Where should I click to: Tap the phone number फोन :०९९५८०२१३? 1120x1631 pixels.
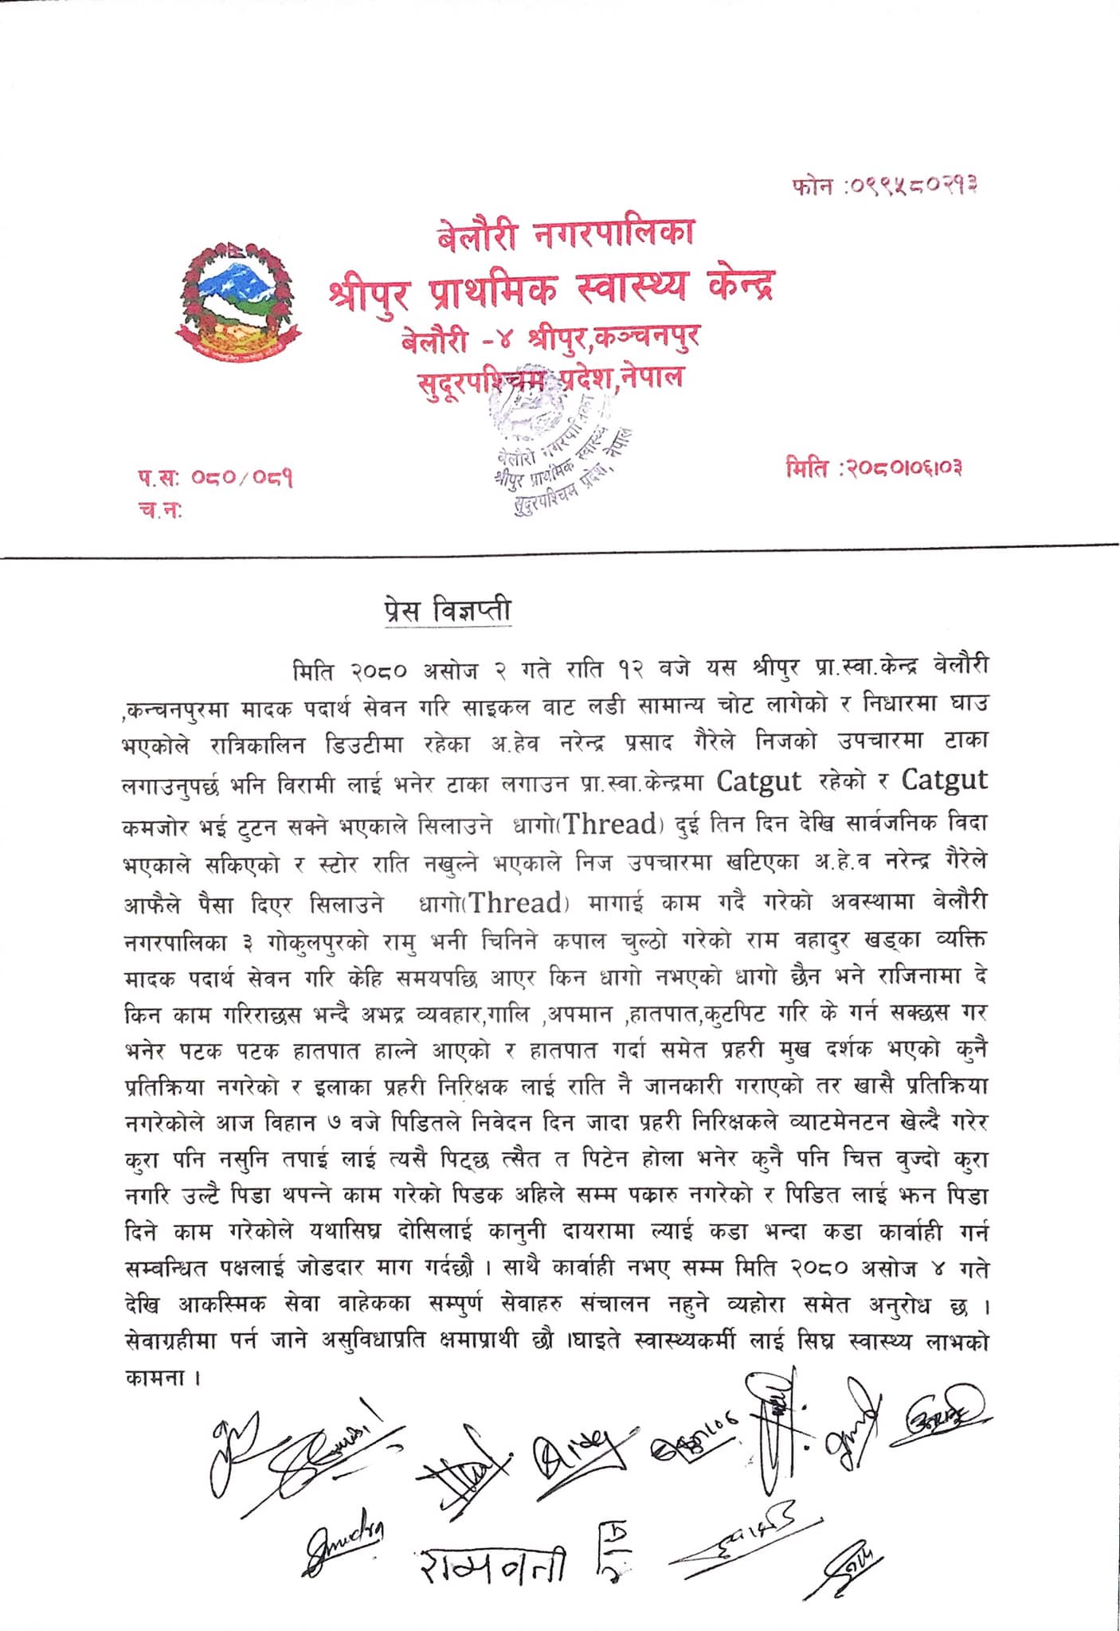point(883,186)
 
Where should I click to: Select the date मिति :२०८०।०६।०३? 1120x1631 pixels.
point(874,468)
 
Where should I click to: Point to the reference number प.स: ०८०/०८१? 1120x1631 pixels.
point(215,479)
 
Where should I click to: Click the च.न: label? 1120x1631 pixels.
point(160,511)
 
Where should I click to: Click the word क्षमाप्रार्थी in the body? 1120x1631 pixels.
point(479,1342)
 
